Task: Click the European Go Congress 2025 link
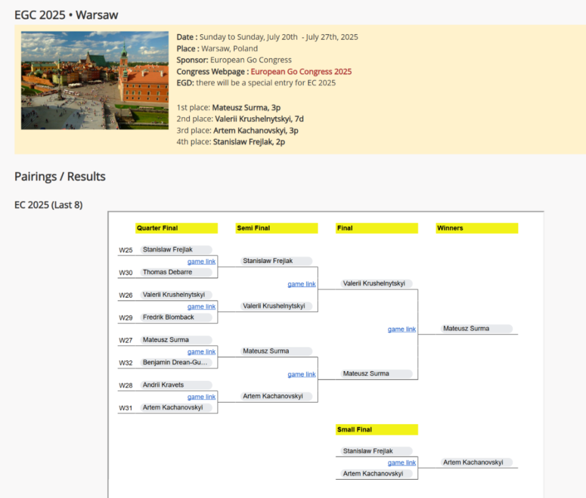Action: point(301,71)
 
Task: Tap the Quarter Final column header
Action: point(176,228)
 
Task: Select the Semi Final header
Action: point(277,228)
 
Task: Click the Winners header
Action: point(477,228)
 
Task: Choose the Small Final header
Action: point(377,430)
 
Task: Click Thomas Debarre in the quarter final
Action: point(167,272)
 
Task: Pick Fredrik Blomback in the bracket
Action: point(168,317)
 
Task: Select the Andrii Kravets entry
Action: point(164,385)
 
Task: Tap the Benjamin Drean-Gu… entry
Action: point(175,363)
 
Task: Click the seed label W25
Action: point(126,250)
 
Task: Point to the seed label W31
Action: point(126,408)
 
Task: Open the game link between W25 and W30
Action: point(201,262)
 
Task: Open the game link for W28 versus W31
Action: point(201,397)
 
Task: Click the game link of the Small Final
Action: point(402,463)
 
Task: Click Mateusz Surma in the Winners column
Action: point(466,328)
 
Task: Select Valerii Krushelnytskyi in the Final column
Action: point(374,283)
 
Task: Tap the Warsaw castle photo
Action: point(95,81)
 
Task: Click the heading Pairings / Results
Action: point(60,176)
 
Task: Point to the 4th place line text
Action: point(231,142)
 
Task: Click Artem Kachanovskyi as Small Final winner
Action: point(473,462)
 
